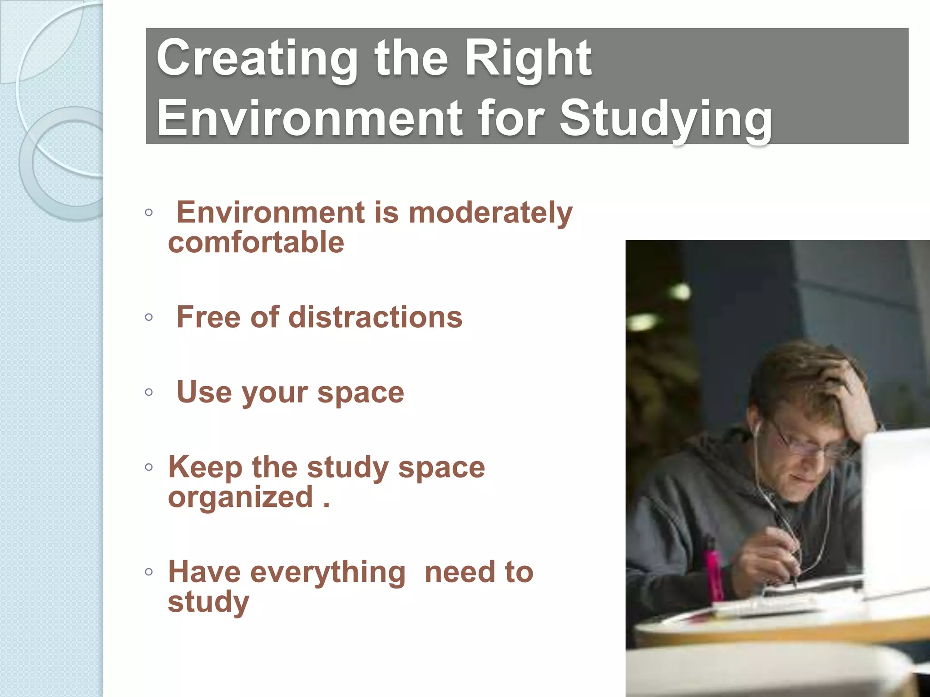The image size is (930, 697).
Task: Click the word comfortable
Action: [256, 242]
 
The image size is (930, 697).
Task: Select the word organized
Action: [241, 497]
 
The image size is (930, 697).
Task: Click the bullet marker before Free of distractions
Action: [148, 317]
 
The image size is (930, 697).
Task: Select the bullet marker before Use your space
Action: [148, 392]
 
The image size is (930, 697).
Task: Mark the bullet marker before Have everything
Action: [148, 572]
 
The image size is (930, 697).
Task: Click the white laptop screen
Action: [897, 508]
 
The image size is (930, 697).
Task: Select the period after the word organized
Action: [326, 505]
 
